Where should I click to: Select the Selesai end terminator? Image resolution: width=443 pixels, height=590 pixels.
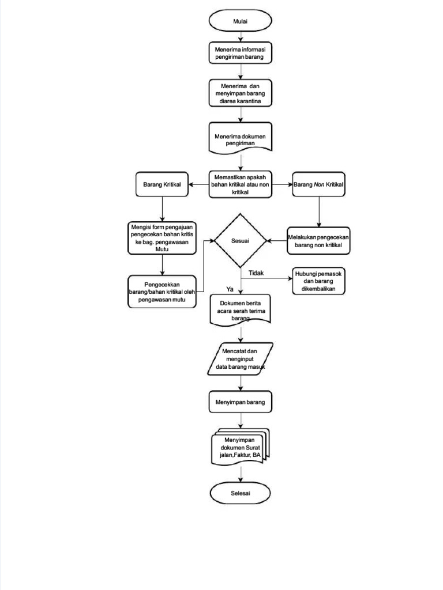tap(240, 493)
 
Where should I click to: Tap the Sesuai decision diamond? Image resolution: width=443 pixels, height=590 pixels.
tap(241, 240)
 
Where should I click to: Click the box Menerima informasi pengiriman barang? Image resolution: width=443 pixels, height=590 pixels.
tap(240, 53)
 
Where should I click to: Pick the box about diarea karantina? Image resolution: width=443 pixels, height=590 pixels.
tap(240, 94)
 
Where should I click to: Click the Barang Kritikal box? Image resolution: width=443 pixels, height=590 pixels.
tap(162, 184)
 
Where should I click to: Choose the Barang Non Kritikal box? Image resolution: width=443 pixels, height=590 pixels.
tap(318, 184)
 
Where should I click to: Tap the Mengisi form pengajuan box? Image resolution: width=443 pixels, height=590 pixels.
tap(162, 238)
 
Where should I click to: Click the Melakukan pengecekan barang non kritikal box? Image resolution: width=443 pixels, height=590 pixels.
tap(318, 241)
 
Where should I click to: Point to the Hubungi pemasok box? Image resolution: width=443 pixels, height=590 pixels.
tap(318, 281)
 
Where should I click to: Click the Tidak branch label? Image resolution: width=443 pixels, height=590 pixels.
tap(256, 273)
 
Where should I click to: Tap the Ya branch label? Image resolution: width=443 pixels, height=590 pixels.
tap(230, 289)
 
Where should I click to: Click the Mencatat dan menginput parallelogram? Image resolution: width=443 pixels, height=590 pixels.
tap(240, 358)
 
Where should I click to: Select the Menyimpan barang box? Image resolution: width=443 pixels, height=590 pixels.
tap(240, 402)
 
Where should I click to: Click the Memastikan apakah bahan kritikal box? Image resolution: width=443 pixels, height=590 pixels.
tap(240, 184)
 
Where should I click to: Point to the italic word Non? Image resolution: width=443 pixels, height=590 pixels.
tap(319, 184)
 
